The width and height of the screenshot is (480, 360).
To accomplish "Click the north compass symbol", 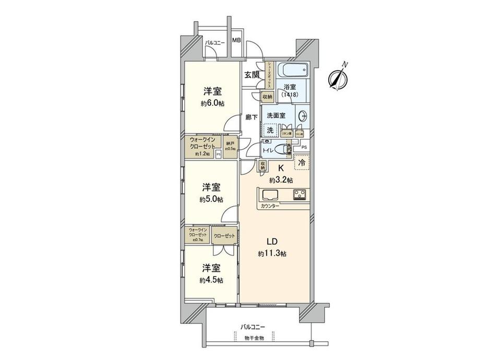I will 338,78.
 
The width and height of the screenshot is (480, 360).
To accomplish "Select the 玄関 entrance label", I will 252,74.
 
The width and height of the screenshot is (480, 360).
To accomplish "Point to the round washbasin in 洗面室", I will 303,116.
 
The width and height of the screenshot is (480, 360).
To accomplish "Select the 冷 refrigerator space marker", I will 302,162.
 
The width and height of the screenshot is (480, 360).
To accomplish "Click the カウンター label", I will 269,206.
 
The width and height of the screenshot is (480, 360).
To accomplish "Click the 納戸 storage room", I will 230,147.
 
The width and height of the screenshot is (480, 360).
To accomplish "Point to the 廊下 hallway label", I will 251,118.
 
